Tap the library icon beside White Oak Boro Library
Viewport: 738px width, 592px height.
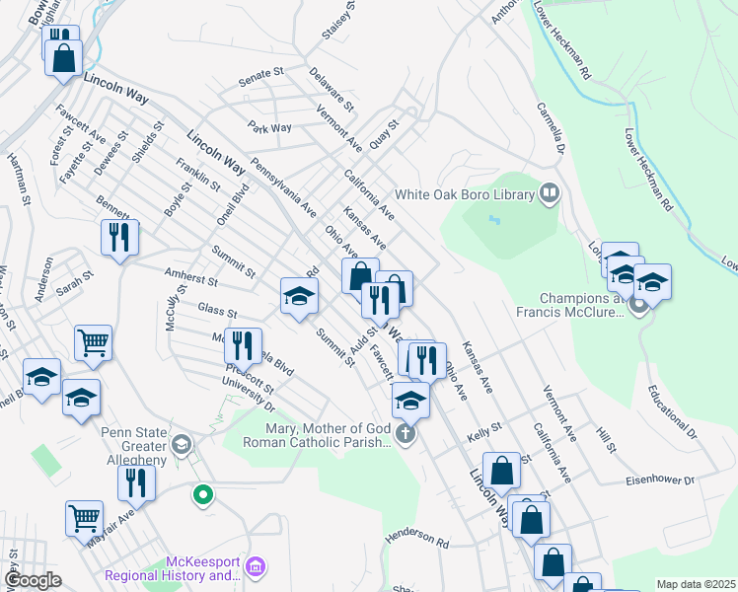click(550, 194)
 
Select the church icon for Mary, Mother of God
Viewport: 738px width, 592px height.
click(404, 434)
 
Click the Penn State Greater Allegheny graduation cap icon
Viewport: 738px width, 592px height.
click(181, 445)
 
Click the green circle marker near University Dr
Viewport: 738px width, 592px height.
click(203, 495)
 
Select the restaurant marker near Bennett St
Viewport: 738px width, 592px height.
click(119, 237)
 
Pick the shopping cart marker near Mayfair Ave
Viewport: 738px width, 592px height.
click(84, 518)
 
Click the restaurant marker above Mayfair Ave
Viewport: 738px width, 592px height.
click(135, 482)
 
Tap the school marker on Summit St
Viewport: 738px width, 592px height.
click(299, 295)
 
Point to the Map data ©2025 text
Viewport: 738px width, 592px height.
click(695, 584)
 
